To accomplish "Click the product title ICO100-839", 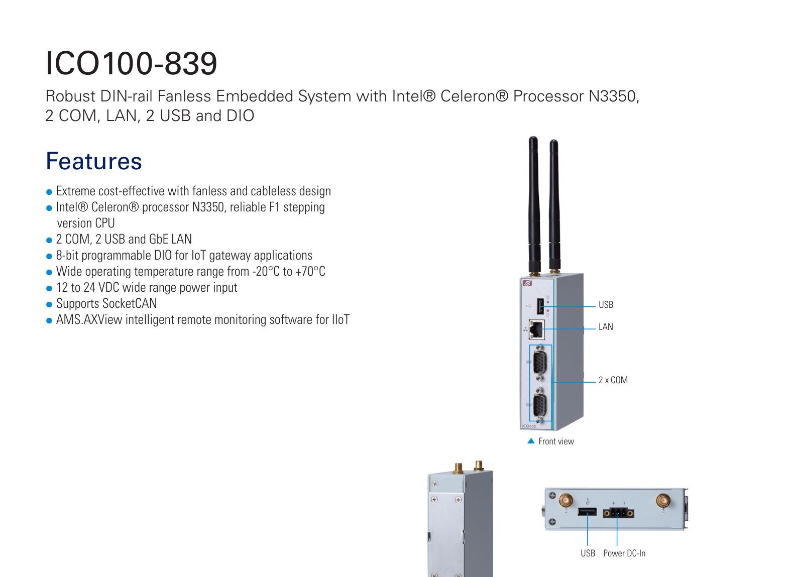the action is [x=131, y=63].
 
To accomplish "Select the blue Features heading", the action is [x=94, y=161].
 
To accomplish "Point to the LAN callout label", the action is [x=606, y=327].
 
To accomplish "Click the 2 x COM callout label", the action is [x=613, y=380].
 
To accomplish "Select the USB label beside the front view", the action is [x=606, y=305].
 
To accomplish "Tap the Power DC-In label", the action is [x=624, y=553].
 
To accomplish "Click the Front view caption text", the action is [x=556, y=441].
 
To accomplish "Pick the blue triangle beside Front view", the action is [x=531, y=441].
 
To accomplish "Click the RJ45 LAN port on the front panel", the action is [x=537, y=329].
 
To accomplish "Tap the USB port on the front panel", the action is [x=541, y=306].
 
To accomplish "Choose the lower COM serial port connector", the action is [x=540, y=406].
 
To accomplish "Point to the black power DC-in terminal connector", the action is [x=618, y=513].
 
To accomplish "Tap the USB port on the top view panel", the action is [x=587, y=512].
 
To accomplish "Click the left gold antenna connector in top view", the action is [x=566, y=500].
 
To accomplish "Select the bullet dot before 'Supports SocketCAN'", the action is [x=49, y=304].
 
